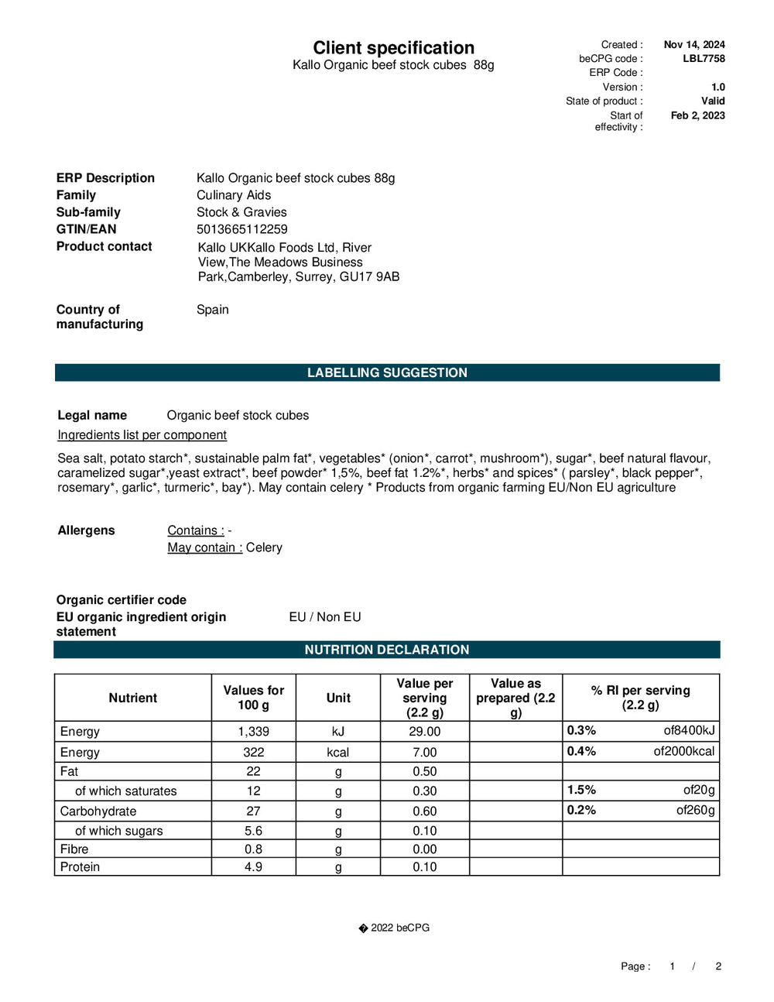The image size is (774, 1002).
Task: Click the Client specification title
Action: [x=393, y=48]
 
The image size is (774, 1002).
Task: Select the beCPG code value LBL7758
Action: [x=704, y=59]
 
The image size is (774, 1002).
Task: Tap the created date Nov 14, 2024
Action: [x=694, y=45]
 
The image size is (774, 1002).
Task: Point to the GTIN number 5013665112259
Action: [x=241, y=229]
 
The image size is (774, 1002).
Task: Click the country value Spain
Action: [x=212, y=310]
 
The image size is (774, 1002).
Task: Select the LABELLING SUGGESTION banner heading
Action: [x=387, y=372]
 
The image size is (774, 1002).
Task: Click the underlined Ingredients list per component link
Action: [x=142, y=435]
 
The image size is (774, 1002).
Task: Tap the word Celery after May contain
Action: [x=264, y=547]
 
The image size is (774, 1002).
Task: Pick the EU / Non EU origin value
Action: [x=325, y=617]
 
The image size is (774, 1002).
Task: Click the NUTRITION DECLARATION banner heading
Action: [x=387, y=650]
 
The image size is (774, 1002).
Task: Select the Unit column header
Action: [x=338, y=698]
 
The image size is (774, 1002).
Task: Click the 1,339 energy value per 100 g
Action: [x=253, y=732]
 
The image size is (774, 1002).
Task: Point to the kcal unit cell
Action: [x=338, y=753]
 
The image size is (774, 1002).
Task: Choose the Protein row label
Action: [x=80, y=867]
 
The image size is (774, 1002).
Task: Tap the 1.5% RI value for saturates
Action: [x=581, y=791]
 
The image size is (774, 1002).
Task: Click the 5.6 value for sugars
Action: [x=253, y=831]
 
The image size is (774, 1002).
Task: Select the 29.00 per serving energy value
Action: [x=424, y=732]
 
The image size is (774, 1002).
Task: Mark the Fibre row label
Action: [x=74, y=849]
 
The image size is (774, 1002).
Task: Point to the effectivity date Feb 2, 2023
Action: [x=697, y=116]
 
